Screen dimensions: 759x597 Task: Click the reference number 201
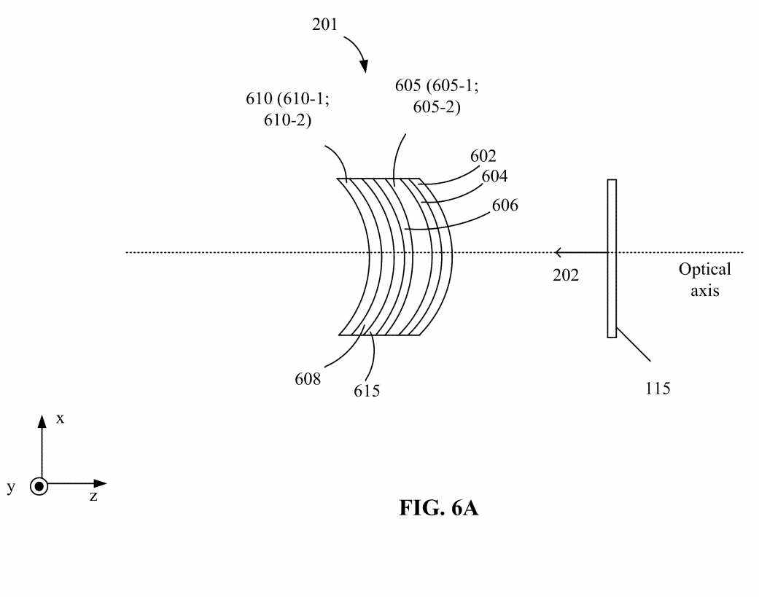324,24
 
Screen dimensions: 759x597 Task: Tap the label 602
483,156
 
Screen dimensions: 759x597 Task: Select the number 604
494,176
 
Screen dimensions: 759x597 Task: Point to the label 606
505,205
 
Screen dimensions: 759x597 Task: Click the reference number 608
308,379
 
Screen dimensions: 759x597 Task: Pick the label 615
367,391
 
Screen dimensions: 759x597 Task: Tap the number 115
658,388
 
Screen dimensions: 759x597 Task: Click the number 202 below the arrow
566,275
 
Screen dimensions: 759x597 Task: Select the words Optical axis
705,280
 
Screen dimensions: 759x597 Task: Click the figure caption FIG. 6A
438,508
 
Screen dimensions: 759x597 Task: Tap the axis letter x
60,418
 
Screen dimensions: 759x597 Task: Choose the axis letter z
93,496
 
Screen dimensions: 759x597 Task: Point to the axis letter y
11,487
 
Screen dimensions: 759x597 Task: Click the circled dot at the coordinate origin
39,486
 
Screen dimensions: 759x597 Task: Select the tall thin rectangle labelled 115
612,258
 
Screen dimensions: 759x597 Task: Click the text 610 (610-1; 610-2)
287,109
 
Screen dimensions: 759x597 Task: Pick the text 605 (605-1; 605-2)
437,95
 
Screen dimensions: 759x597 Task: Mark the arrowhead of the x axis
42,421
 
